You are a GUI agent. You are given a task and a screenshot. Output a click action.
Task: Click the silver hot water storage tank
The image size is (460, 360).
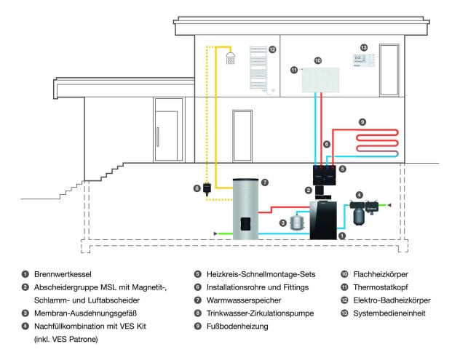[x=246, y=209]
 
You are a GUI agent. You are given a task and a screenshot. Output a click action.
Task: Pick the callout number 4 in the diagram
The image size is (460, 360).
[x=359, y=194]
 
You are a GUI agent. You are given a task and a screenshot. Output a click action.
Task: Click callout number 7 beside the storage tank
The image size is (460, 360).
[x=264, y=181]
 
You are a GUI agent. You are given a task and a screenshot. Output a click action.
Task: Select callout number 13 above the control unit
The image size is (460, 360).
[x=364, y=47]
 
